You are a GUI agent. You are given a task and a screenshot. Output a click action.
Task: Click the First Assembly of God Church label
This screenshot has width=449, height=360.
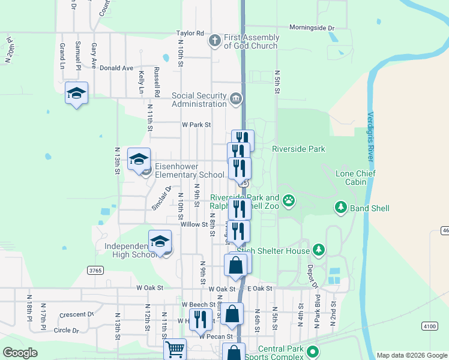pyautogui.click(x=251, y=41)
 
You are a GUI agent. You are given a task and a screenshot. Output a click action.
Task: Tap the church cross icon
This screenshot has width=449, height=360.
pyautogui.click(x=214, y=41)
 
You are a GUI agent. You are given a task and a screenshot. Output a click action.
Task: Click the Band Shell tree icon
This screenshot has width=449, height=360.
pyautogui.click(x=342, y=208)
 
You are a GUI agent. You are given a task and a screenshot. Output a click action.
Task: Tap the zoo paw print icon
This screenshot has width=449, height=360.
pyautogui.click(x=289, y=200)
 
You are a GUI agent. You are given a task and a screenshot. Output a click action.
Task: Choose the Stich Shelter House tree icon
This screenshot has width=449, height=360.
pyautogui.click(x=319, y=250)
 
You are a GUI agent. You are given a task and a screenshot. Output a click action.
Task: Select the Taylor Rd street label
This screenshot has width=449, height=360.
pyautogui.click(x=190, y=34)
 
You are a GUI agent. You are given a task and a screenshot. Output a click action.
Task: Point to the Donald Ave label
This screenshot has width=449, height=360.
pyautogui.click(x=116, y=68)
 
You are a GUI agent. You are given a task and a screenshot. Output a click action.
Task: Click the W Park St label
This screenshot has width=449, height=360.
pyautogui.click(x=197, y=125)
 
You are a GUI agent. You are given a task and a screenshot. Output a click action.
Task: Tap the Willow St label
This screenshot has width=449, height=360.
pyautogui.click(x=194, y=224)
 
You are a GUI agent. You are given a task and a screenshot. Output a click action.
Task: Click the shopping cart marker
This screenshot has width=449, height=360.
pyautogui.click(x=175, y=349)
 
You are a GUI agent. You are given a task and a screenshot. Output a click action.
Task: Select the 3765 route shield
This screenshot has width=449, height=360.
pyautogui.click(x=95, y=271)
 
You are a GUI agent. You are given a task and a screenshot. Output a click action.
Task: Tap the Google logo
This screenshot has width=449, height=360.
pyautogui.click(x=20, y=353)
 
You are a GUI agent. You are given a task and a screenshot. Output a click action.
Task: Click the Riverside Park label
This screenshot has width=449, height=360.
pyautogui.click(x=298, y=149)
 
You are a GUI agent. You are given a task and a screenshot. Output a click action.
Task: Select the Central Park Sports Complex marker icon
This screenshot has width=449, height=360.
pyautogui.click(x=312, y=352)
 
